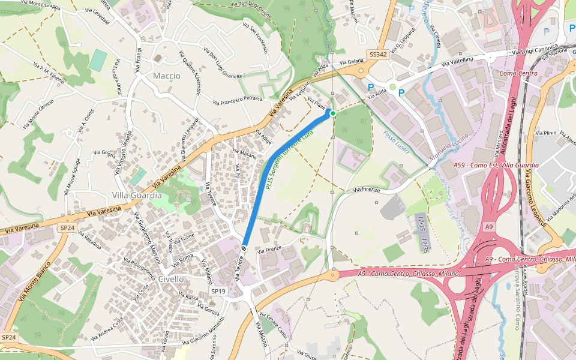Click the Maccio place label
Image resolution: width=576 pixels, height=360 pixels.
coord(166,76)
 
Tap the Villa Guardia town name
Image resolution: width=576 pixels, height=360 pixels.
coord(137,196)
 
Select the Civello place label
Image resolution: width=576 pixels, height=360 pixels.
coord(172,279)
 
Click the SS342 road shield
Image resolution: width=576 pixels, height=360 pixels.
coord(378,55)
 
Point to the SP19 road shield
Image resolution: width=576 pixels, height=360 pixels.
coord(218,291)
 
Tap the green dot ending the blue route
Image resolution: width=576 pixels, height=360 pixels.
coord(333,113)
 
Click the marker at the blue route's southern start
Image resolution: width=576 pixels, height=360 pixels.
coord(244,248)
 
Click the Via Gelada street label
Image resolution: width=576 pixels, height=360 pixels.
coord(352,62)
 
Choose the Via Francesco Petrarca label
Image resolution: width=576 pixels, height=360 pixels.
coord(238,100)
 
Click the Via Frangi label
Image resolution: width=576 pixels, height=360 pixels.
coord(139,60)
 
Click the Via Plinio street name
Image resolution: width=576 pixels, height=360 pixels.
coord(546,133)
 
